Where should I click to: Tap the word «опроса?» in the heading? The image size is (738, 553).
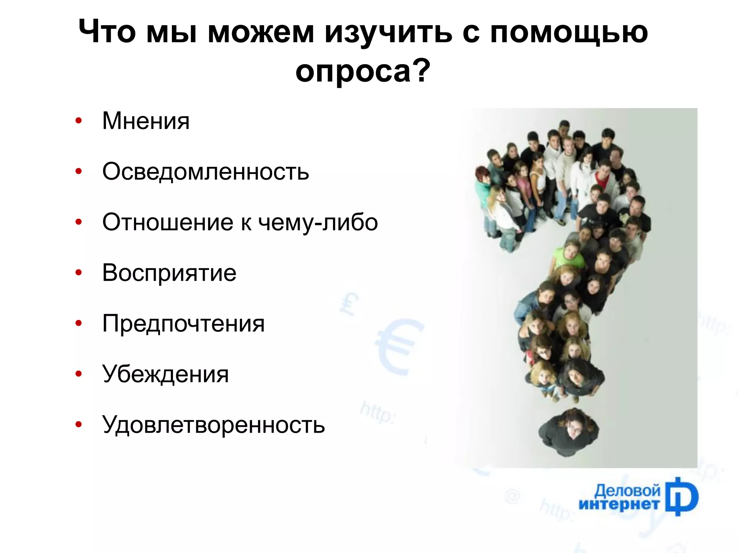(363, 71)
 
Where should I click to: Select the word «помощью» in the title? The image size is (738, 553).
(569, 32)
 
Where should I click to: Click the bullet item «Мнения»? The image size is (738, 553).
(146, 121)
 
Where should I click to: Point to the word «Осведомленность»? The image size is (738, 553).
(205, 171)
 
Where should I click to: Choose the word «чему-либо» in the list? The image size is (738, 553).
(318, 222)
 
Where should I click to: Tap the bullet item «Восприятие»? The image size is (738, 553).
(169, 273)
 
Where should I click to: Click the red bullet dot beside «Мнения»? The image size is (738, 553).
(79, 121)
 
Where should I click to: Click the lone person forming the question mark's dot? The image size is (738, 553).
(569, 431)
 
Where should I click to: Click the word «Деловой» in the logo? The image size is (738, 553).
(627, 491)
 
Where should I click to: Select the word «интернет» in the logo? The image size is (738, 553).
(619, 504)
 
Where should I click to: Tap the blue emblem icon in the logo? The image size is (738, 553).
(681, 497)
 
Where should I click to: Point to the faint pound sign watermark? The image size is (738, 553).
(348, 303)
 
